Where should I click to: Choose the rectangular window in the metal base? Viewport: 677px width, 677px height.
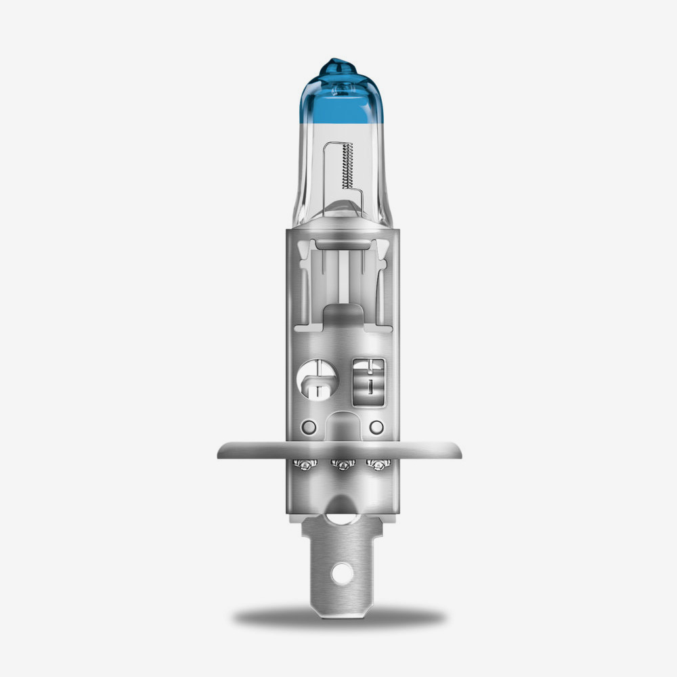coord(370,382)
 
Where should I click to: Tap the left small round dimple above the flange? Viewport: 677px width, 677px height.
coord(309,427)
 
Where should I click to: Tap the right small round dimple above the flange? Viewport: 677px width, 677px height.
coord(376,427)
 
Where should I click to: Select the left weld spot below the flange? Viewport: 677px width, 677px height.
coord(306,464)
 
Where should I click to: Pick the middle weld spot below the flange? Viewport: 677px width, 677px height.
coord(343,464)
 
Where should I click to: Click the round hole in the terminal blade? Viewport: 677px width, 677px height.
coord(343,573)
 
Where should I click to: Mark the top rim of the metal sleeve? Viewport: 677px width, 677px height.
coord(343,230)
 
